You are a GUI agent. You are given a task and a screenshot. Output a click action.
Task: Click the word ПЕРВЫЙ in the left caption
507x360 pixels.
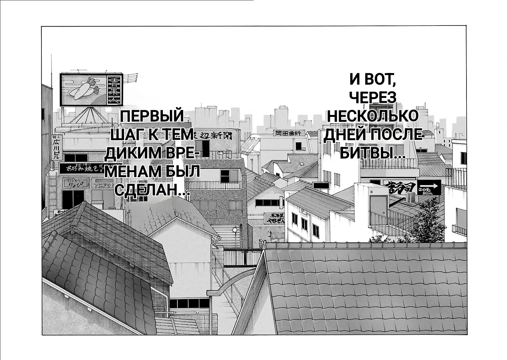(x=152, y=116)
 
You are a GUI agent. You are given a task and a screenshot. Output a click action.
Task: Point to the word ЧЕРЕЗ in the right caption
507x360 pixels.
(x=372, y=98)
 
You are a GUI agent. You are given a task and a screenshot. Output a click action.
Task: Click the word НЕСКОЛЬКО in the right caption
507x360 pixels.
(x=373, y=116)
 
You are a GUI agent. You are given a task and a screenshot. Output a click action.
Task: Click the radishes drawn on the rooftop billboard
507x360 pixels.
(x=84, y=88)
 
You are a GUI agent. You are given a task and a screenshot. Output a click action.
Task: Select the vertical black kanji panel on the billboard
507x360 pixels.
(x=115, y=90)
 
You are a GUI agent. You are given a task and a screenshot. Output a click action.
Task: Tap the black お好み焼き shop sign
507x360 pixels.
(x=81, y=168)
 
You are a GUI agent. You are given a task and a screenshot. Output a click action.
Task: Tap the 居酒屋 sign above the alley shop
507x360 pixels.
(x=274, y=218)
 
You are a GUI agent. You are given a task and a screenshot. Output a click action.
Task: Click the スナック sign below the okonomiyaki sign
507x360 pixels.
(x=75, y=182)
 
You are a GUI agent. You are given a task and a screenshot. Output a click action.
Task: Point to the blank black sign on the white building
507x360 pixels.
(x=321, y=185)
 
